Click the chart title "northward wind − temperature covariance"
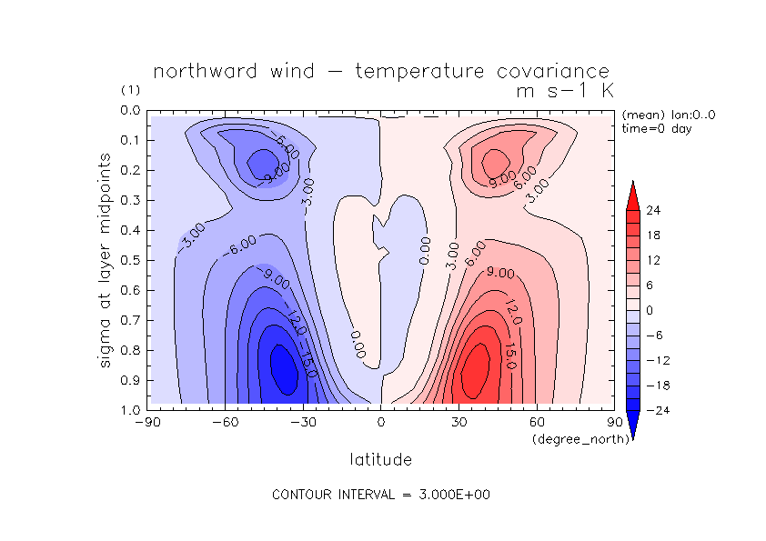[381, 72]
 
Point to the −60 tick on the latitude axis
[225, 422]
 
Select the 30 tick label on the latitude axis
[459, 422]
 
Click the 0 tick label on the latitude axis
[381, 422]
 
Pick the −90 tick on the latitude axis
[146, 422]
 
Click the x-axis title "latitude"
[381, 459]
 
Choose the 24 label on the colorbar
[653, 210]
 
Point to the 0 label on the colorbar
[650, 310]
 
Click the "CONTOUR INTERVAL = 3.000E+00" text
[381, 495]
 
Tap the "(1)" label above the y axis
[130, 91]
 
